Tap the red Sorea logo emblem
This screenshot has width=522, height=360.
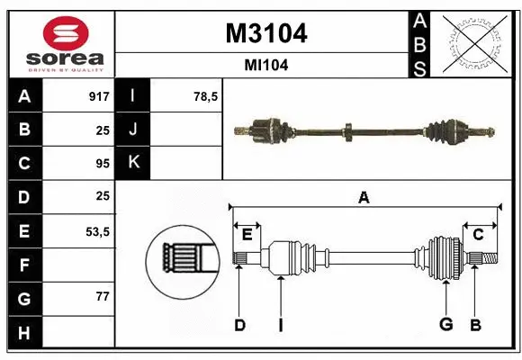(x=66, y=35)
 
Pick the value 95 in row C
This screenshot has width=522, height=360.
(x=103, y=163)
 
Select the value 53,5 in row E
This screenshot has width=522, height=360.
(x=98, y=231)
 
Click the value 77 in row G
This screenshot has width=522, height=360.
(x=103, y=297)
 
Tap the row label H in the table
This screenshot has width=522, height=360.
(x=24, y=332)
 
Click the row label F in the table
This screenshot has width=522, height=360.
(x=24, y=265)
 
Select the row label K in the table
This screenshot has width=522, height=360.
(x=133, y=163)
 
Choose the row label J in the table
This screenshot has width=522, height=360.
(x=133, y=130)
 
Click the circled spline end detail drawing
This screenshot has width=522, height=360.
(x=182, y=261)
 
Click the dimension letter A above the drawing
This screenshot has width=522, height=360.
(x=364, y=198)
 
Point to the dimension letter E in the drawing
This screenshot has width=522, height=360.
(x=247, y=234)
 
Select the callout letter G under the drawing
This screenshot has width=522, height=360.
(x=444, y=324)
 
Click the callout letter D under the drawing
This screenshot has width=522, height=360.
(x=239, y=324)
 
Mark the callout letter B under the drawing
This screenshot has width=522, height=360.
(x=476, y=324)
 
